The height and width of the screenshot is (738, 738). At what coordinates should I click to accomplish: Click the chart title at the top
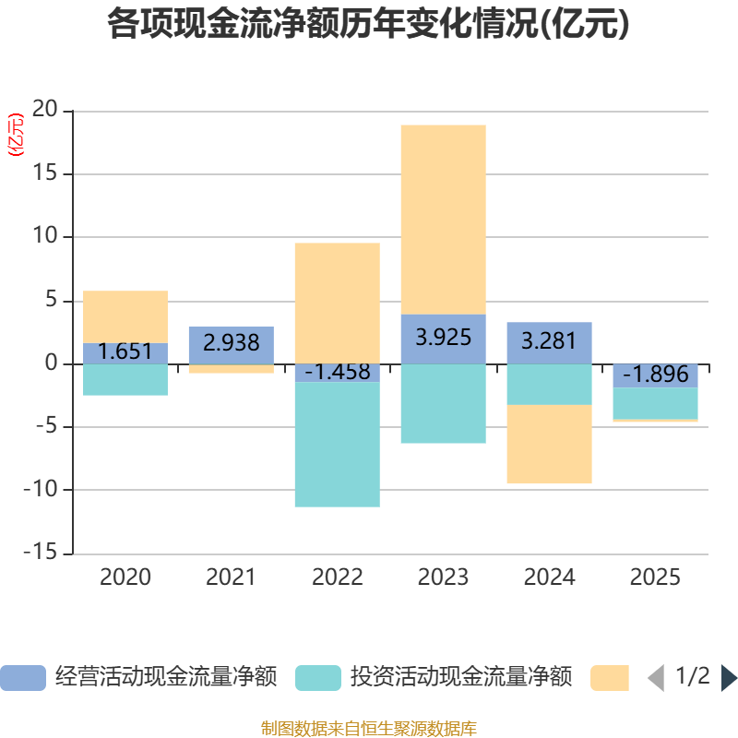pos(368,24)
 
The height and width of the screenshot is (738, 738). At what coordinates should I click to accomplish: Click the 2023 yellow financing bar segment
pos(443,220)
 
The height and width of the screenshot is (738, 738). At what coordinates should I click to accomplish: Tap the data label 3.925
pos(443,339)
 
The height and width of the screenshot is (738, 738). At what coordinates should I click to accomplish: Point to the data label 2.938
pos(231,343)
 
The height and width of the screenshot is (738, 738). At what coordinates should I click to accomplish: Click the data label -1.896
pos(655,375)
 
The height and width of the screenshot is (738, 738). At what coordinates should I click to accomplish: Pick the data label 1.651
pos(125,352)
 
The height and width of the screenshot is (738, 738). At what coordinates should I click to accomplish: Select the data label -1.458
pos(337,372)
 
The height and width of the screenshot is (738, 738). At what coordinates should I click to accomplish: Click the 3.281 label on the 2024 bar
pos(549,341)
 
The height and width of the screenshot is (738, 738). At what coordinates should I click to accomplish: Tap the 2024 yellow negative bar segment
pos(549,445)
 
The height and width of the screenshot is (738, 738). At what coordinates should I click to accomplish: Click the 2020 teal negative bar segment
pos(125,380)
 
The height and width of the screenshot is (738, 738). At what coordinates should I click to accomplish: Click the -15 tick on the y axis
pos(40,553)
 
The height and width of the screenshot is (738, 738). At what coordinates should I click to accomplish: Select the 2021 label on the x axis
pos(231,578)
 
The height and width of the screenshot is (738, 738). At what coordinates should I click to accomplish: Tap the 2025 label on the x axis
pos(655,578)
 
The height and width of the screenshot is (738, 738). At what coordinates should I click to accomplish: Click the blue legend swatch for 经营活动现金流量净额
pos(22,678)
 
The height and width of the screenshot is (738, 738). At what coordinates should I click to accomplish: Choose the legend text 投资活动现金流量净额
pos(460,678)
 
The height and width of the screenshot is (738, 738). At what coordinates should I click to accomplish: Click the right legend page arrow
pos(729,678)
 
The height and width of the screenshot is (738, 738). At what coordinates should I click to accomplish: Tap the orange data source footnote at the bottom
pos(368,729)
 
